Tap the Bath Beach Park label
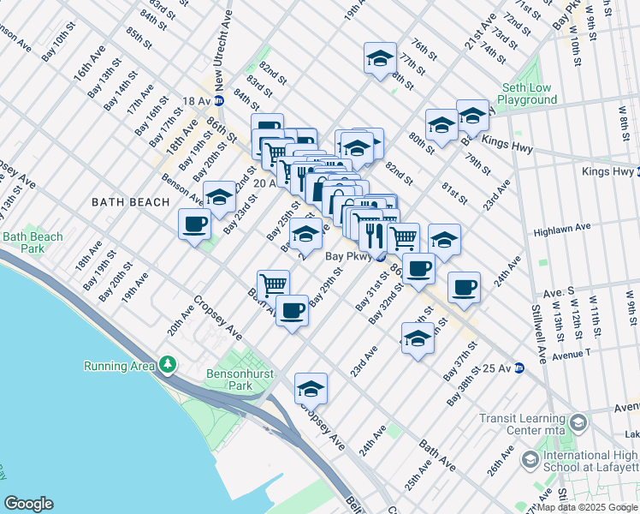[x=33, y=242]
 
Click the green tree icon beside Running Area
[x=169, y=366]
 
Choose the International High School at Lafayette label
[x=590, y=460]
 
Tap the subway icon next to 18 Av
[x=219, y=101]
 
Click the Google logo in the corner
[x=28, y=504]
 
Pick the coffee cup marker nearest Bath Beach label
[x=194, y=224]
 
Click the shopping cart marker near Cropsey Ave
[x=274, y=285]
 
